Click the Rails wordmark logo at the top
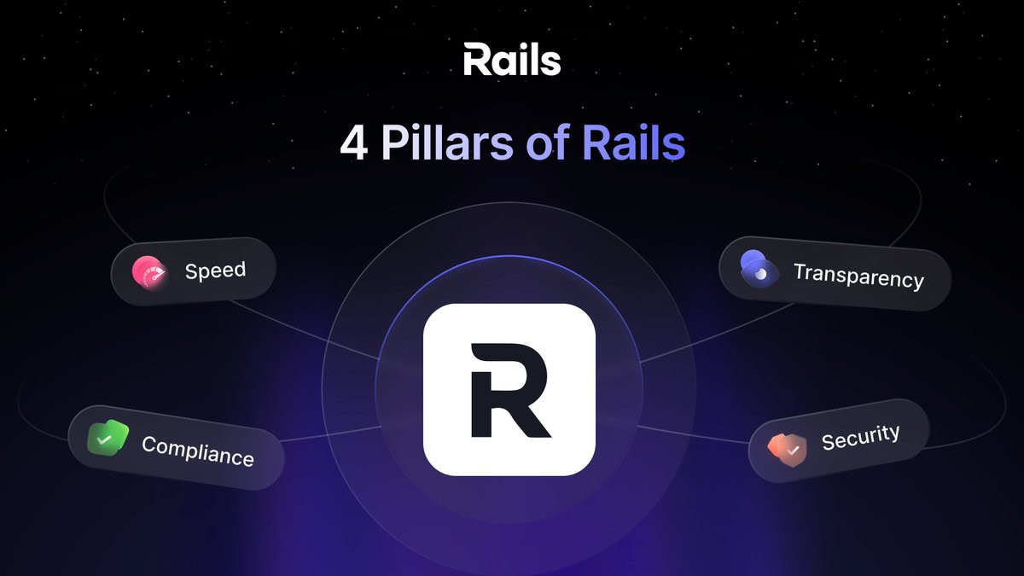point(512,60)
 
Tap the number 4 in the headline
point(354,144)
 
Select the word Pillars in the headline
point(447,143)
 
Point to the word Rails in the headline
point(633,143)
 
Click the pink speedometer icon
point(149,273)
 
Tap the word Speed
point(215,271)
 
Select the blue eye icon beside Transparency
point(759,269)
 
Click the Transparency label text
point(858,276)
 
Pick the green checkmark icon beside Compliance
point(108,437)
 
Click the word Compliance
point(197,451)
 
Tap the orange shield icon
point(787,450)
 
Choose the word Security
point(860,437)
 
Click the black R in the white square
point(509,391)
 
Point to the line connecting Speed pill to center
point(304,330)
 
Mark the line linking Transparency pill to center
point(717,333)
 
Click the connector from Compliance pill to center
point(330,434)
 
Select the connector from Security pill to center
point(693,434)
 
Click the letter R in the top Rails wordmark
point(478,60)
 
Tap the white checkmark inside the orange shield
point(793,451)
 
